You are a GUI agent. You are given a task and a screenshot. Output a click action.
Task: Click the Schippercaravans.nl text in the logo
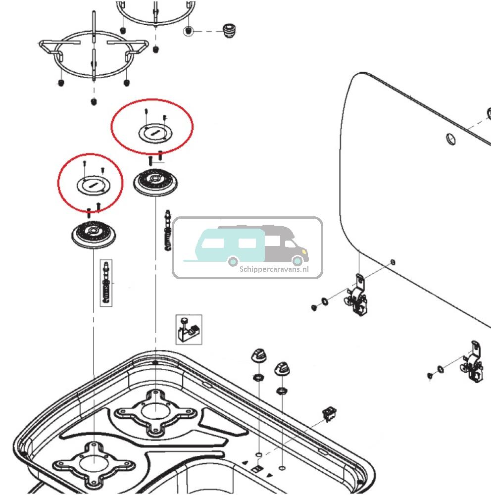pyautogui.click(x=274, y=269)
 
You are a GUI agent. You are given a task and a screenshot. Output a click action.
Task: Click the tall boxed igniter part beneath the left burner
pyautogui.click(x=106, y=283)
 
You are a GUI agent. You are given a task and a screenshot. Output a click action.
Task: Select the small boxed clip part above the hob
pyautogui.click(x=189, y=329)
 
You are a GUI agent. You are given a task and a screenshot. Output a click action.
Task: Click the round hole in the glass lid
pyautogui.click(x=451, y=139)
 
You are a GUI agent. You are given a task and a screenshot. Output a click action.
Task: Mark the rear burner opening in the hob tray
pyautogui.click(x=154, y=410)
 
